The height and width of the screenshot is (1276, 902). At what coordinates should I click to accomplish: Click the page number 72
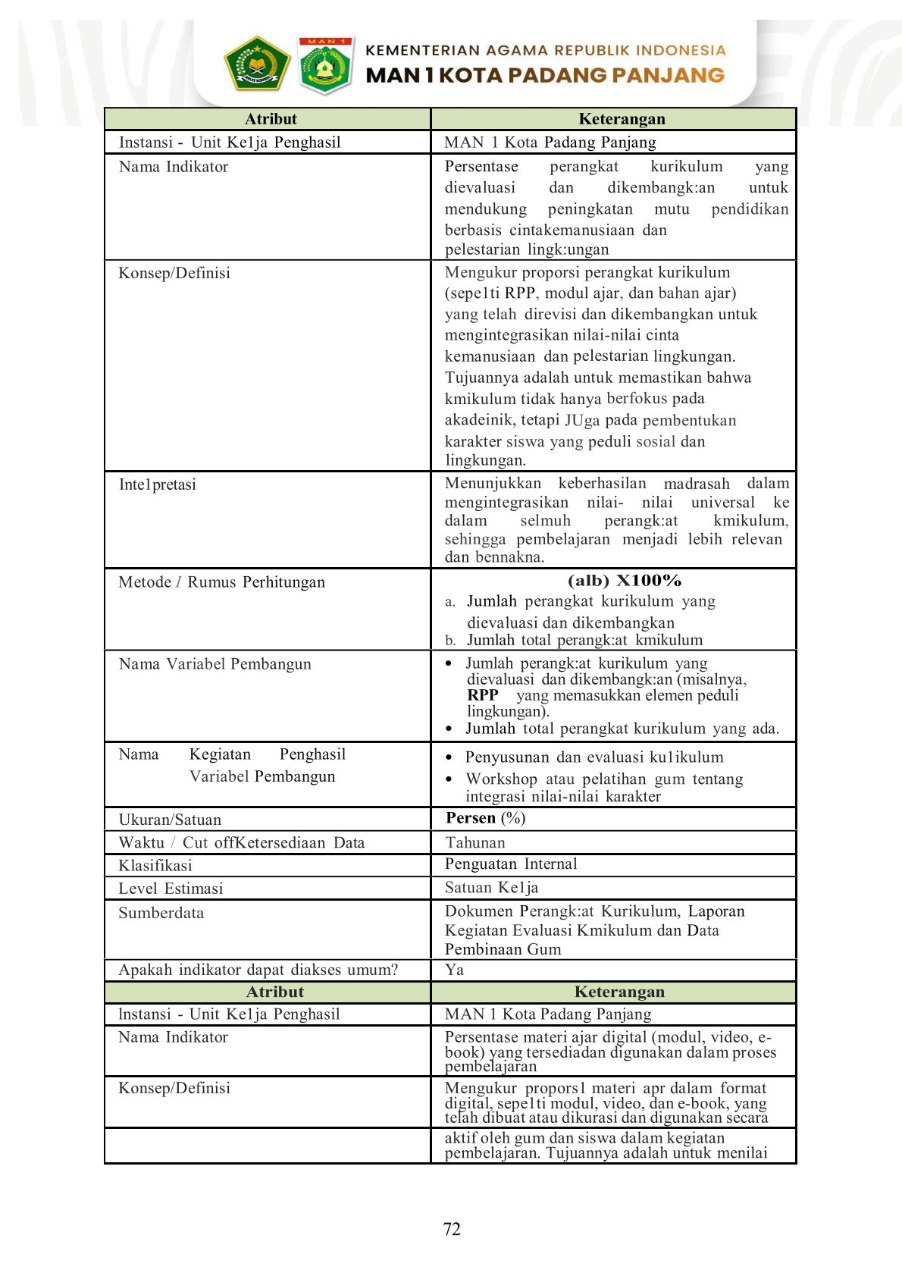pos(452,1229)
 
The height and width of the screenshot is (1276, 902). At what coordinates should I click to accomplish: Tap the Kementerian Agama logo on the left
pos(257,63)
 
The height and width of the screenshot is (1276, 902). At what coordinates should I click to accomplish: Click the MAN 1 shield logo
pos(325,64)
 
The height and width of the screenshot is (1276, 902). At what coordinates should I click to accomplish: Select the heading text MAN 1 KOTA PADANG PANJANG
pos(544,76)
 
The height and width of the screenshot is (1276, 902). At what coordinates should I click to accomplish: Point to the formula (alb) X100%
pos(624,581)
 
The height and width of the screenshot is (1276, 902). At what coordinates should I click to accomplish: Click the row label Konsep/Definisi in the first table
pos(174,273)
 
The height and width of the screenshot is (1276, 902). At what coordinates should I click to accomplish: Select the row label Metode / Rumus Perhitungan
pos(221,582)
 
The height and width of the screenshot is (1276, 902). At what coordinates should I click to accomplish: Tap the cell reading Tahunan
pos(475,842)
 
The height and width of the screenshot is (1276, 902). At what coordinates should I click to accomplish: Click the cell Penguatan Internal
pos(511,864)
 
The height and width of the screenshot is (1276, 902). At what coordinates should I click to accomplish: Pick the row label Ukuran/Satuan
pos(170,820)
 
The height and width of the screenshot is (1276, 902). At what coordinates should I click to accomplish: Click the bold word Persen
pos(471,818)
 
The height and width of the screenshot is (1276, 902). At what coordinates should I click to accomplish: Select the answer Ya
pos(454,970)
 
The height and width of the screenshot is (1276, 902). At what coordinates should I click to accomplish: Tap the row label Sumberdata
pos(161,913)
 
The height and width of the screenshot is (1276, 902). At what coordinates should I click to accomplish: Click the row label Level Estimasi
pos(171,889)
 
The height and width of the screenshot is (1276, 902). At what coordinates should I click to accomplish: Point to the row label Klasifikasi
pos(155,866)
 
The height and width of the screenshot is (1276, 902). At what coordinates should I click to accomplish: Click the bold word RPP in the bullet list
pos(482,695)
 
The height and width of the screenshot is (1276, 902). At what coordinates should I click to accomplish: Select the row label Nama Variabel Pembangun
pos(215,664)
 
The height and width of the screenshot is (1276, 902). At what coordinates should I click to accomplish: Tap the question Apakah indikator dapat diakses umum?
pos(258,970)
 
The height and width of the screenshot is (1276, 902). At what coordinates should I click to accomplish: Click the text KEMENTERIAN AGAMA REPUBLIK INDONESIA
pos(545,51)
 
